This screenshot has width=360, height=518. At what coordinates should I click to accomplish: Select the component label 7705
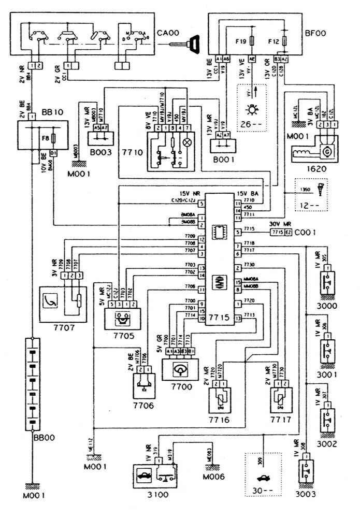(x=122, y=335)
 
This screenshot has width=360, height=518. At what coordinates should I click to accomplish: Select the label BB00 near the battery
(x=44, y=437)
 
